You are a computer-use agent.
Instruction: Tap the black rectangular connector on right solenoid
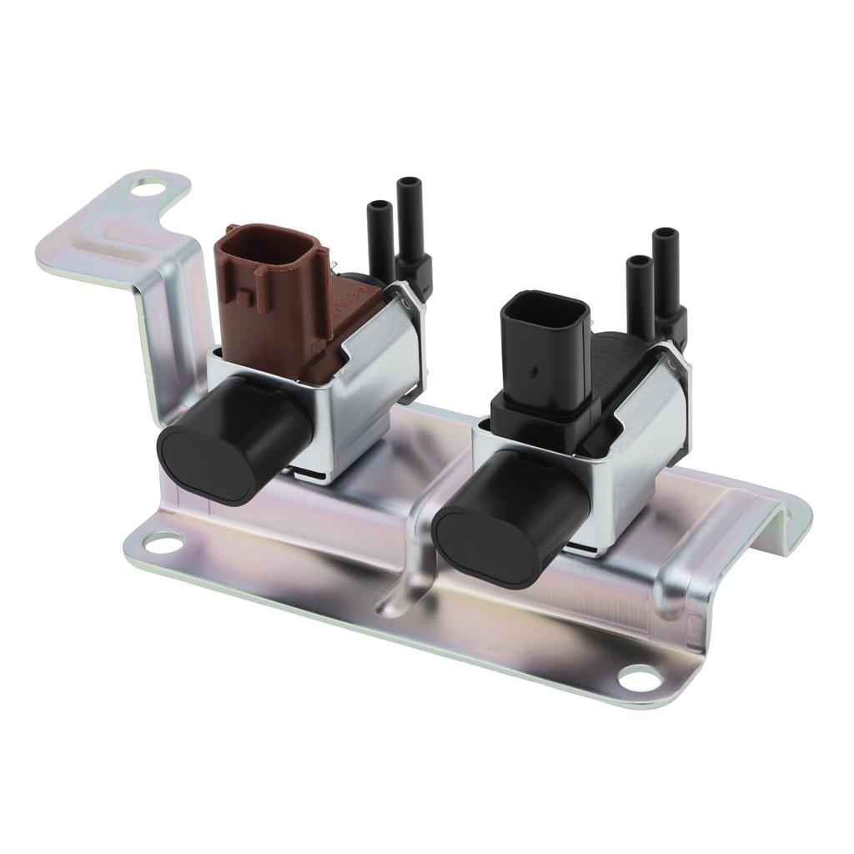coord(542,350)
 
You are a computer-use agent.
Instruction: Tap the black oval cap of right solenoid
coord(484,546)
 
